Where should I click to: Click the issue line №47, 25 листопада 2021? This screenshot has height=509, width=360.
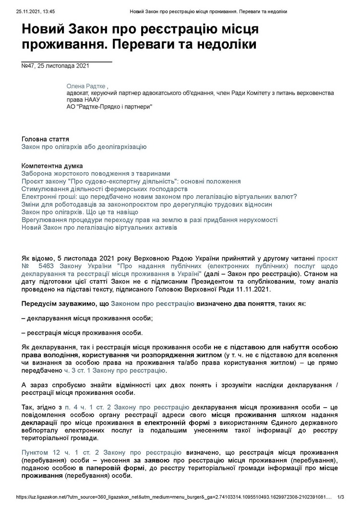[x=55, y=66]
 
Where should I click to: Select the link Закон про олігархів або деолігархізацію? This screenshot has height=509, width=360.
[x=84, y=146]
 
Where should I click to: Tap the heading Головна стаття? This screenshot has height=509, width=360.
[x=45, y=139]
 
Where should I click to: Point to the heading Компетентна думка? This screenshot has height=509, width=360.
[x=52, y=166]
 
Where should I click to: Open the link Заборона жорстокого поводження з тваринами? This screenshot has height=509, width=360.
[x=96, y=173]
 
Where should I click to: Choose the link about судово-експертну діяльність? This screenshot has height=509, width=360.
[x=131, y=181]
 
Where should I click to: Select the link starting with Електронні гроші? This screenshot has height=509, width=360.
[x=159, y=197]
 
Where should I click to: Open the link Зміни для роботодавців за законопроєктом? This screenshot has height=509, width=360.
[x=147, y=204]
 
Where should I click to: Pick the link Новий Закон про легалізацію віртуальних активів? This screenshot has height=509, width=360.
[x=99, y=227]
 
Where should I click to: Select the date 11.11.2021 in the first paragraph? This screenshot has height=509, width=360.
[x=254, y=289]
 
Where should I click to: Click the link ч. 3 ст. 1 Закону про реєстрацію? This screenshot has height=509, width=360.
[x=115, y=370]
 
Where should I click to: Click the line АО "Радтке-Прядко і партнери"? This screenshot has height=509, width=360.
[x=109, y=107]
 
